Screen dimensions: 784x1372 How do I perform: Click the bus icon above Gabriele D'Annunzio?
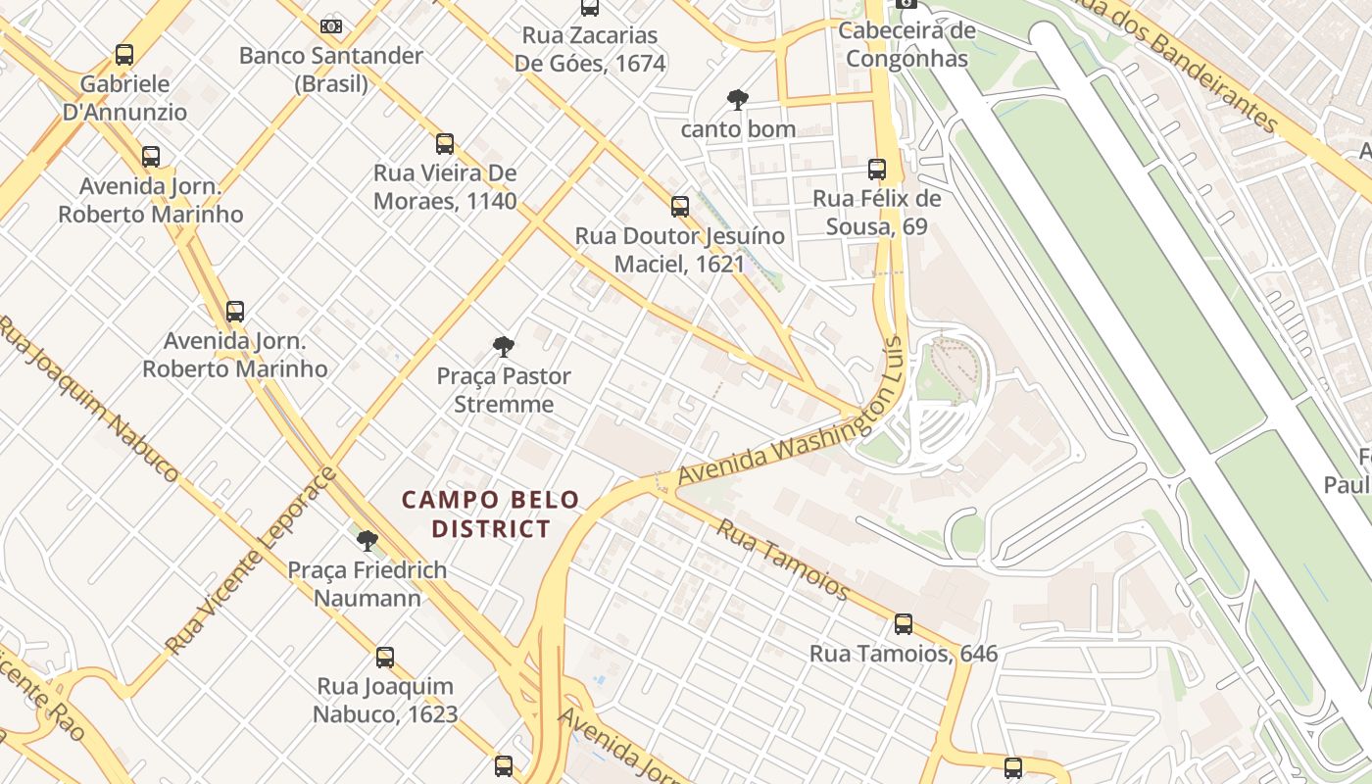coord(124,55)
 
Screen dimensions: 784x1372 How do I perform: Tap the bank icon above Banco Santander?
coord(331,26)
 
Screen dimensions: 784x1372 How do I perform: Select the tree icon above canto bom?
coord(738,99)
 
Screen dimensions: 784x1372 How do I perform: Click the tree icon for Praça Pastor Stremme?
coord(504,346)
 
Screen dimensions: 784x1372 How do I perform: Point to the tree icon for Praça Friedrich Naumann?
coord(367,540)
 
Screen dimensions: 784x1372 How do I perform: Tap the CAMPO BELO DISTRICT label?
coord(491,514)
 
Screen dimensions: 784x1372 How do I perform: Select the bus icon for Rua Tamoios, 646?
coord(904,624)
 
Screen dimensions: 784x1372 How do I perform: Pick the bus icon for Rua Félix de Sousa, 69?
coord(877,170)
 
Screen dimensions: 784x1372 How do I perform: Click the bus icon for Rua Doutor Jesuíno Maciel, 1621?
coord(680,207)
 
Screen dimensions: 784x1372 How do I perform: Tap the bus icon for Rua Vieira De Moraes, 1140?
coord(445,144)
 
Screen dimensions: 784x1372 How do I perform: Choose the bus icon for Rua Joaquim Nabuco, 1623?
coord(385,658)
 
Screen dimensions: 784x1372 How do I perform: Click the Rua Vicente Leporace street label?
coord(251,561)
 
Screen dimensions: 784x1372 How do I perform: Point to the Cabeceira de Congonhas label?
coord(906,44)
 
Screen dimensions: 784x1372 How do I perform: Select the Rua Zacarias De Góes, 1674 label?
coord(590,49)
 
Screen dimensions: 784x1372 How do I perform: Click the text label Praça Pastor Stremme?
coord(504,390)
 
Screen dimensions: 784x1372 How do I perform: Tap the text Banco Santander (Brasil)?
coord(331,70)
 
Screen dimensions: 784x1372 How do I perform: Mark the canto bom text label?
coord(738,129)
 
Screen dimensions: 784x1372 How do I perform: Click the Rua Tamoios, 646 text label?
coord(904,654)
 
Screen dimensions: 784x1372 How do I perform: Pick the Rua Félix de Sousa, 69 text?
coord(877,213)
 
